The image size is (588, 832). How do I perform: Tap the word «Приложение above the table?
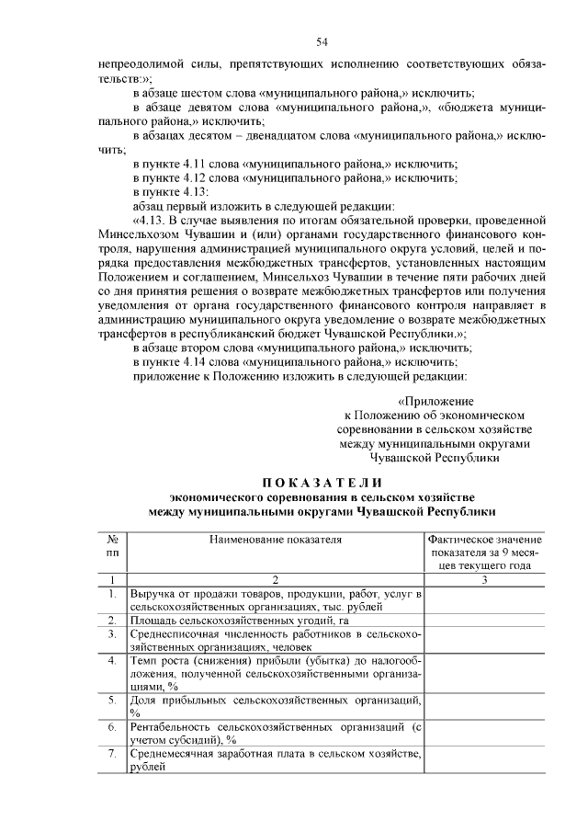435,402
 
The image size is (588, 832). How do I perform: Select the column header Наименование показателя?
274,540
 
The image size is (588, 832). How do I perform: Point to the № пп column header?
112,546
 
